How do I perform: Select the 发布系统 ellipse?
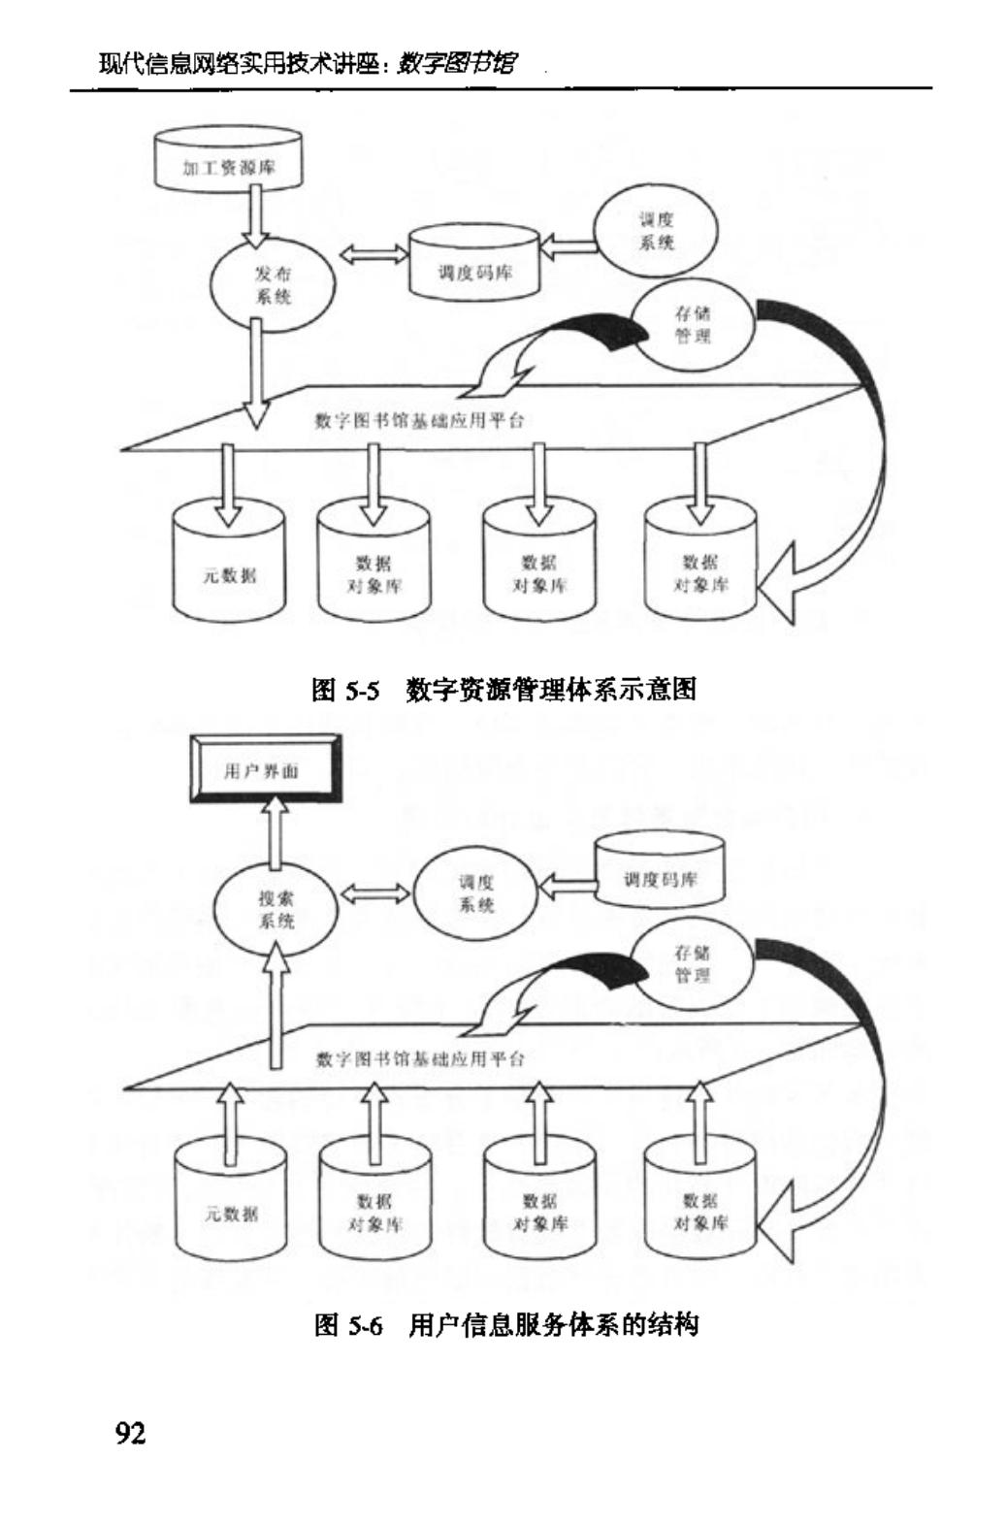(274, 285)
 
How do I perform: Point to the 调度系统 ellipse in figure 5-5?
(656, 232)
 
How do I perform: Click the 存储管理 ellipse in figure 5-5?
(693, 325)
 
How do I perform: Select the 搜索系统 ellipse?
(276, 910)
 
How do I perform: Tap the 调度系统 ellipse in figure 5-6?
(475, 893)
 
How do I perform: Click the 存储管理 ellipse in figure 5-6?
(693, 964)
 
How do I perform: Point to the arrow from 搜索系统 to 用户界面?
(276, 831)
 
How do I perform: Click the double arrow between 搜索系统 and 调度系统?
(374, 892)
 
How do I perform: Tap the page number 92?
(131, 1433)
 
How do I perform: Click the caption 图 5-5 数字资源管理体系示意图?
(503, 690)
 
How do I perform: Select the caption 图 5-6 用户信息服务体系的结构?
(505, 1325)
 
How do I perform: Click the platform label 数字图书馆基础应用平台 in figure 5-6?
(420, 1059)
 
